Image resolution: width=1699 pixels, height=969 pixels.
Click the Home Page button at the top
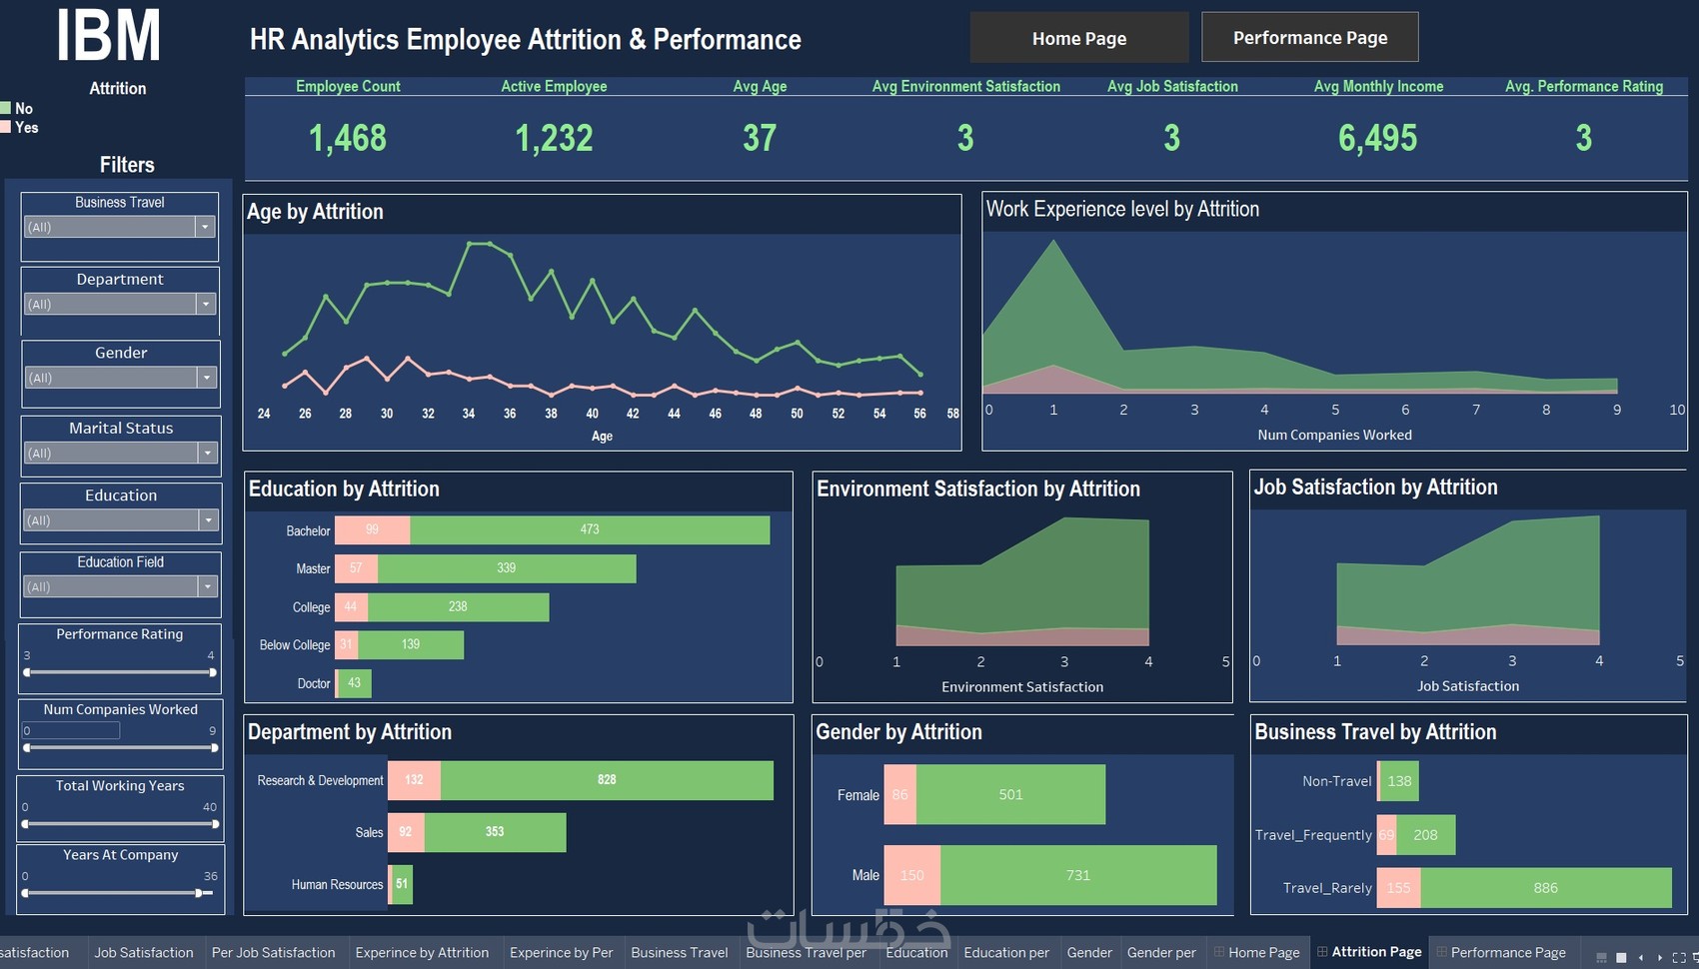pos(1078,38)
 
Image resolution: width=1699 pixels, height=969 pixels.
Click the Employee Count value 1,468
pos(348,138)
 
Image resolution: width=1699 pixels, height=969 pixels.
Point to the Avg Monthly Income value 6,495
pos(1377,138)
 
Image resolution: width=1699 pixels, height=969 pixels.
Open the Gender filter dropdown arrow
pos(207,378)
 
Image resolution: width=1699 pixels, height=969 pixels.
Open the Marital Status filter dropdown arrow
pos(207,453)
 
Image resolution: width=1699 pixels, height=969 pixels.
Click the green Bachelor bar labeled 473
pos(590,529)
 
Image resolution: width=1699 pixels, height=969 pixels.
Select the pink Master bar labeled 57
pos(356,568)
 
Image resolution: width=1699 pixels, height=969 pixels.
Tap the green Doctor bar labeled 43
pos(355,683)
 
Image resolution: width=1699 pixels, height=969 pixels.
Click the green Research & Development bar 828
pos(607,780)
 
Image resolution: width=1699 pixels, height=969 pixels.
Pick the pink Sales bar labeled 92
pos(406,832)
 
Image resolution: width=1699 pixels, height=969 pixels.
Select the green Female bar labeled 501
pos(1010,795)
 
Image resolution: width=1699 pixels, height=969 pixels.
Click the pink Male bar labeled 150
pos(911,875)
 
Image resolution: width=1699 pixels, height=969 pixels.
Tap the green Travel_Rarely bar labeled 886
pos(1545,887)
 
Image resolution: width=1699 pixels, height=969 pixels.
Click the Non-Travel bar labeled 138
pos(1399,781)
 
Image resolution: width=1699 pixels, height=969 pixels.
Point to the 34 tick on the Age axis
pos(469,414)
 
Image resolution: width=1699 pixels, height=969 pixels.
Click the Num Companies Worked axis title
pos(1334,435)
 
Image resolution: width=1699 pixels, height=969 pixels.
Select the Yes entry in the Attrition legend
pos(26,127)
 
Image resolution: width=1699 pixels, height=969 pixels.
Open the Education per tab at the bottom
pos(1005,952)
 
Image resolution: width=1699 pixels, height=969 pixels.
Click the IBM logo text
pos(108,38)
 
